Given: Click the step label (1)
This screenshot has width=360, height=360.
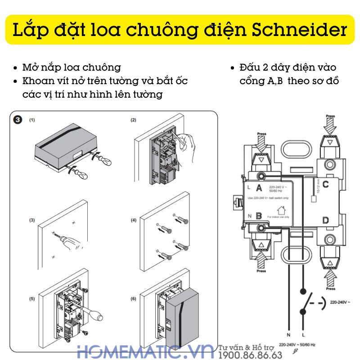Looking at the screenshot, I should pyautogui.click(x=32, y=120).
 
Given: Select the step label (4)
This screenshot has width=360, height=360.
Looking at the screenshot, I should pyautogui.click(x=133, y=220).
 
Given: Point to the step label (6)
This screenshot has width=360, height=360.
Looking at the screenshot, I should pyautogui.click(x=133, y=299).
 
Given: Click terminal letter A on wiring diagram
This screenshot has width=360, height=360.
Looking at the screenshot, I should pyautogui.click(x=259, y=188).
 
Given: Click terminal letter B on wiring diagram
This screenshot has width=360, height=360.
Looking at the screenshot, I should pyautogui.click(x=259, y=216).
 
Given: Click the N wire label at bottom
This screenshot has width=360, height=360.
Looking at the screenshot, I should pyautogui.click(x=288, y=335).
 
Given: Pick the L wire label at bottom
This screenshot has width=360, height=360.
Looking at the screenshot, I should pyautogui.click(x=304, y=335).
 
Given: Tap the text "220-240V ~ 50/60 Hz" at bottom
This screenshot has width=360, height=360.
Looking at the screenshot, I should pyautogui.click(x=297, y=345).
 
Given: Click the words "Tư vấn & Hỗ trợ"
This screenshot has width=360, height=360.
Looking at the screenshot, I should pyautogui.click(x=247, y=347).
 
